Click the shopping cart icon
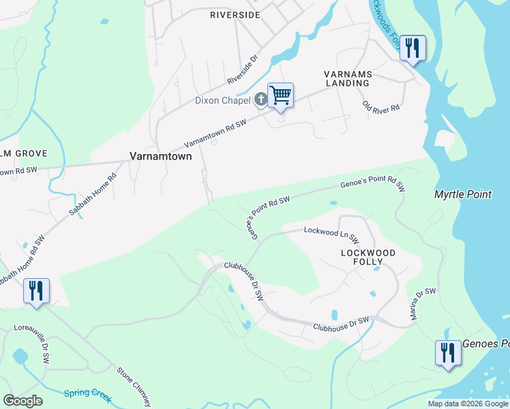point(280,95)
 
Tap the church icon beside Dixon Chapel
point(260,100)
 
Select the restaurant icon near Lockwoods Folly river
point(412,48)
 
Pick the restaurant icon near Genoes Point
point(448,353)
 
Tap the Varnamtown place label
point(161,156)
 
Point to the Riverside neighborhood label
point(235,14)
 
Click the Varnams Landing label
point(346,77)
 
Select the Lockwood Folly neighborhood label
point(368,257)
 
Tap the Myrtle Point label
point(463,195)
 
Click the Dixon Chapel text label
point(222,101)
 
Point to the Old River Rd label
point(381,108)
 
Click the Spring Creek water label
point(87,395)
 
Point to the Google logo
point(22,401)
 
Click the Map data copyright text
point(468,404)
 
